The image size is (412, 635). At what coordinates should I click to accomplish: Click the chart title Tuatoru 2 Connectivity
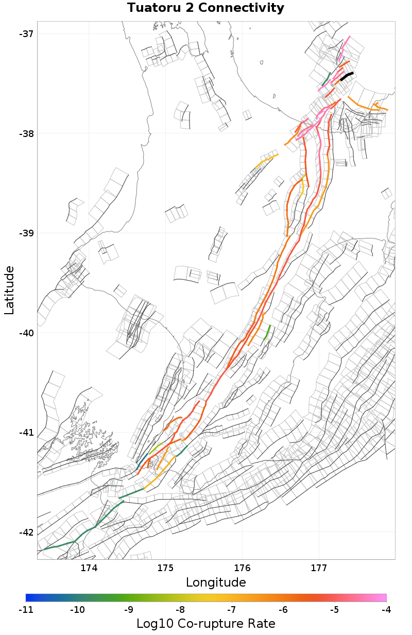click(x=205, y=8)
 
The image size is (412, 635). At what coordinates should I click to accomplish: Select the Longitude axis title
click(x=216, y=582)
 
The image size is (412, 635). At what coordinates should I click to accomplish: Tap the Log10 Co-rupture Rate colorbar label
click(x=205, y=624)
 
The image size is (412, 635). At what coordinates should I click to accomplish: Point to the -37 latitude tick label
click(x=25, y=34)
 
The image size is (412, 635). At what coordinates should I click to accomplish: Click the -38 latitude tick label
click(x=25, y=134)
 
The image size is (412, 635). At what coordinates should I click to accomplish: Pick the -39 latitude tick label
click(x=25, y=233)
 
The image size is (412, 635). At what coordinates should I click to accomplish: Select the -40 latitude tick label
click(x=25, y=333)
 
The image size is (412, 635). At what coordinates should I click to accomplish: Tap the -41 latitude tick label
click(x=25, y=433)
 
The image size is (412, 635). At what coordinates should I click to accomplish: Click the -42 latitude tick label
click(x=25, y=532)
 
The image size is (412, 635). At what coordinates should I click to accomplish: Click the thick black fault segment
click(x=347, y=76)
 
